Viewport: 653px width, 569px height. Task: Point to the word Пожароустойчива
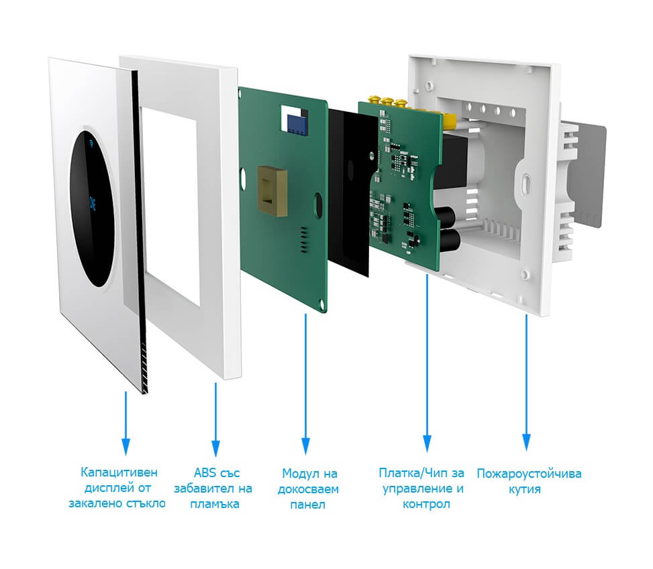[x=529, y=474]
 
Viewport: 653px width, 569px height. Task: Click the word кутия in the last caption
[x=529, y=489]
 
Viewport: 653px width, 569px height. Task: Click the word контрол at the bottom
[x=425, y=504]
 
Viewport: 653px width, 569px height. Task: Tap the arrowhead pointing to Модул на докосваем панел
[x=305, y=444]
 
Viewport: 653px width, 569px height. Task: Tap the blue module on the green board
[x=294, y=121]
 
